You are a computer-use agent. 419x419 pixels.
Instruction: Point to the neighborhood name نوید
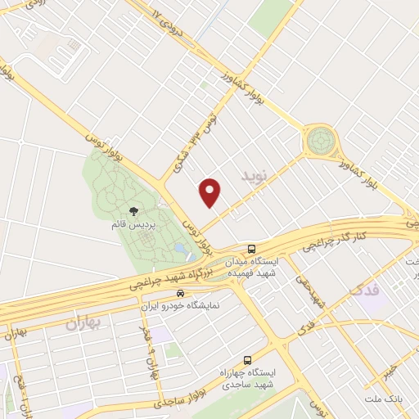tap(254, 175)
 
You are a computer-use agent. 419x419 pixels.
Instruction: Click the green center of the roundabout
tap(320, 142)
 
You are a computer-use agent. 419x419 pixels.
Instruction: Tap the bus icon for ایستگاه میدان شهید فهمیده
tap(251, 248)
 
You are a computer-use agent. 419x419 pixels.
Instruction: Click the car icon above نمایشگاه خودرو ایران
tap(181, 293)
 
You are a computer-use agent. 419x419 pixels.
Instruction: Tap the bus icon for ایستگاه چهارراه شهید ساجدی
tap(248, 360)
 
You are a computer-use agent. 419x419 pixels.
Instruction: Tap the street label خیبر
tap(399, 372)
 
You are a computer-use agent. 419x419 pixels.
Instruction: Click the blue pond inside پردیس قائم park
tap(179, 248)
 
